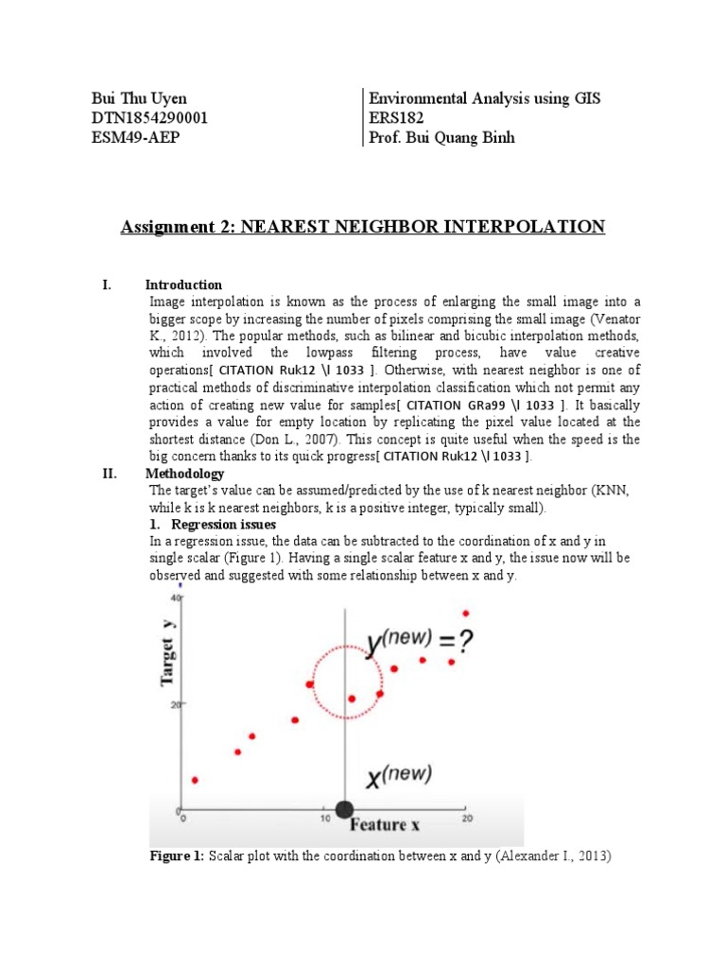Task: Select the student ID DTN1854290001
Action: (x=149, y=118)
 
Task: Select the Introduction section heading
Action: (x=183, y=285)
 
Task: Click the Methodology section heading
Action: (x=184, y=474)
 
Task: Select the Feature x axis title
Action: (x=386, y=825)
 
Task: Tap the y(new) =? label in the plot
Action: (x=421, y=644)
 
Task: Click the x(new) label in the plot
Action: (x=398, y=777)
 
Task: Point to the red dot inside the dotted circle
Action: (x=352, y=699)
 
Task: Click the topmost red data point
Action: (x=465, y=614)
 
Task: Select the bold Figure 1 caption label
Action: (x=177, y=856)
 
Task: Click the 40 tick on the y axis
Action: (x=175, y=598)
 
